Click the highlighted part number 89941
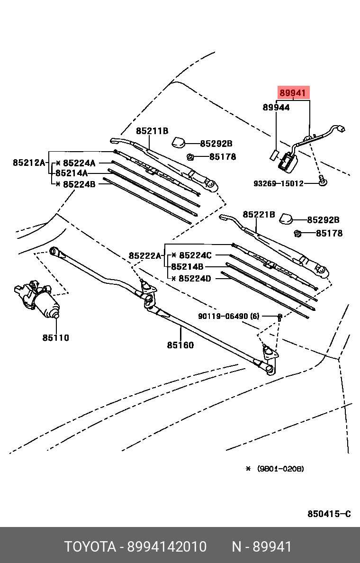tap(293, 93)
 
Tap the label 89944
tap(276, 108)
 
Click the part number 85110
tap(55, 338)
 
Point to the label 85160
tap(180, 345)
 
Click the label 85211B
tap(152, 131)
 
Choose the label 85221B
tap(259, 215)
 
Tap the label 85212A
tap(28, 163)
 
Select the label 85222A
tap(145, 256)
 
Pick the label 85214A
tap(72, 173)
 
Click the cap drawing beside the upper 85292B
tap(179, 142)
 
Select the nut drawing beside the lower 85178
tap(298, 233)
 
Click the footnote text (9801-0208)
tap(280, 469)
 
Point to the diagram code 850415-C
tap(329, 514)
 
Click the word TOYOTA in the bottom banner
tap(90, 547)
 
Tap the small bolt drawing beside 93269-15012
tap(322, 180)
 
